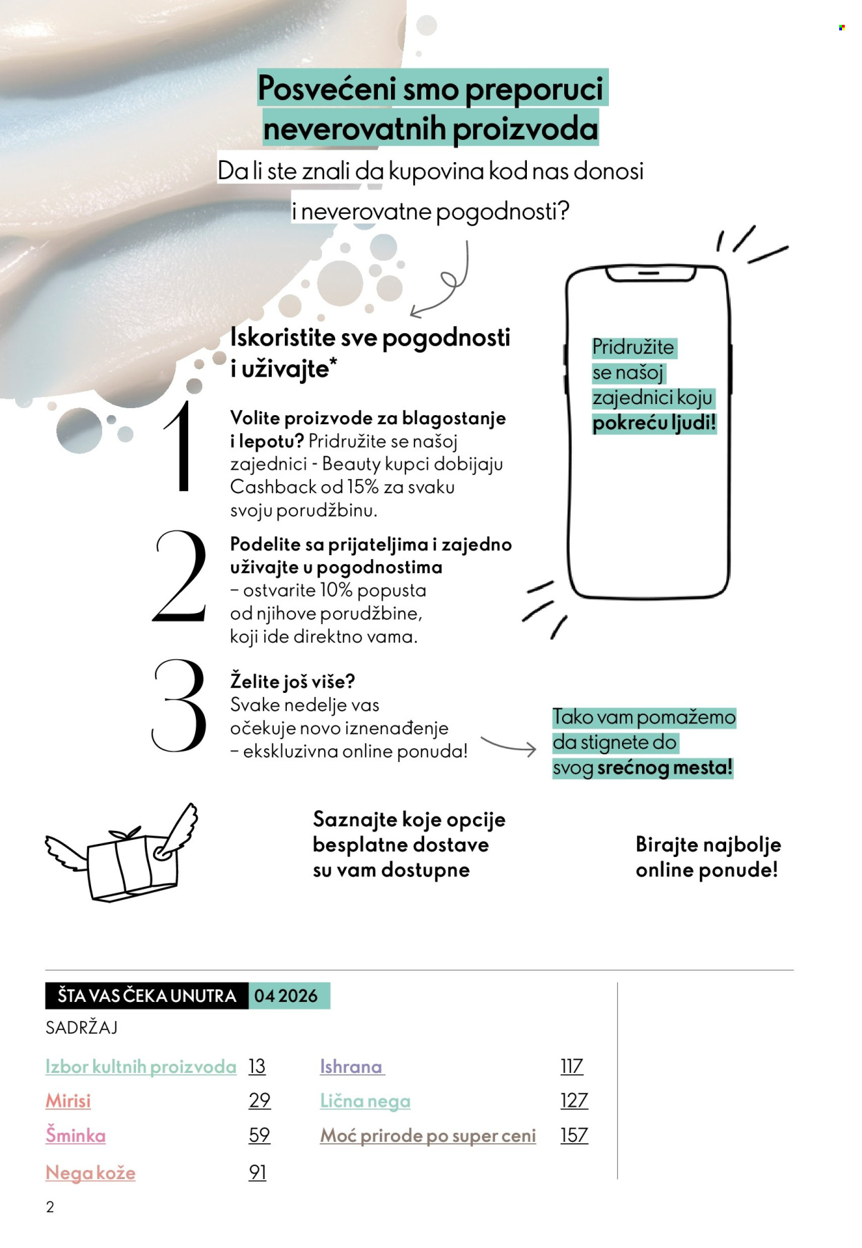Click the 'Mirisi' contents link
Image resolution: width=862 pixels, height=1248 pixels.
(68, 1100)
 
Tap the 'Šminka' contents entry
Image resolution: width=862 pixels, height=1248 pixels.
(76, 1135)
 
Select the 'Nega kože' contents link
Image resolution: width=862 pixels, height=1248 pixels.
(90, 1172)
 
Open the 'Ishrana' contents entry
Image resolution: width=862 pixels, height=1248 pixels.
(351, 1067)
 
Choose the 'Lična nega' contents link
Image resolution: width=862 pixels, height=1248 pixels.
(365, 1101)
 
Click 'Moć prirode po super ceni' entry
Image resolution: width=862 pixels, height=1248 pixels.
(428, 1136)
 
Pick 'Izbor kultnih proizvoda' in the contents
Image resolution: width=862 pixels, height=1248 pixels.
(141, 1067)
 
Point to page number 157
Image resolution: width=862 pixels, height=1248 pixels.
(574, 1135)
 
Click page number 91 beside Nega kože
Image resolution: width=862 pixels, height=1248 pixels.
(258, 1172)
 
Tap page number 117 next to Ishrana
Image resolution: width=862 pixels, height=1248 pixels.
(572, 1067)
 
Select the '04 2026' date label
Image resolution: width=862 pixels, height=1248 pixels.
(286, 996)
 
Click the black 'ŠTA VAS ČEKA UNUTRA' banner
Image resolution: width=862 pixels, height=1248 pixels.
(147, 996)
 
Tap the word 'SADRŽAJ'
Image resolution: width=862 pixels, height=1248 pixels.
(81, 1027)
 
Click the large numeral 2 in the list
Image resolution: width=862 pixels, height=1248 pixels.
(180, 576)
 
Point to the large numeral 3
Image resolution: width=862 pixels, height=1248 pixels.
(179, 705)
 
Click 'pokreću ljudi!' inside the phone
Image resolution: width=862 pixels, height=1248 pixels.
(654, 423)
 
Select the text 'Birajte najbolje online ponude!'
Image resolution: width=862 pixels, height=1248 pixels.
(707, 857)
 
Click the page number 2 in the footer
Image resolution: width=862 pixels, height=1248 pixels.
(50, 1207)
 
